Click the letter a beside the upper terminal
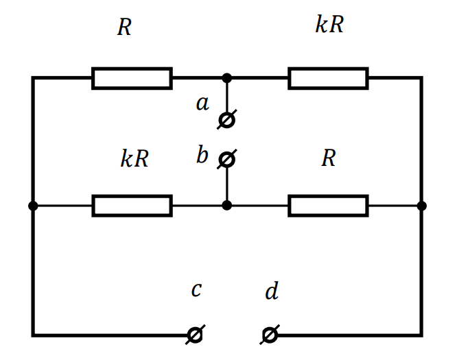202,104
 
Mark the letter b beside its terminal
202,154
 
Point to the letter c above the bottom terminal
196,289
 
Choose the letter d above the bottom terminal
272,290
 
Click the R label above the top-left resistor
124,27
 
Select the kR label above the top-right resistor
329,24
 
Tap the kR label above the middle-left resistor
134,158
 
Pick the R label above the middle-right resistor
329,158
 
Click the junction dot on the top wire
226,78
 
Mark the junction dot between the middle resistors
226,205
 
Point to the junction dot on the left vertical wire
33,206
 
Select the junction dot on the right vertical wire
421,206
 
